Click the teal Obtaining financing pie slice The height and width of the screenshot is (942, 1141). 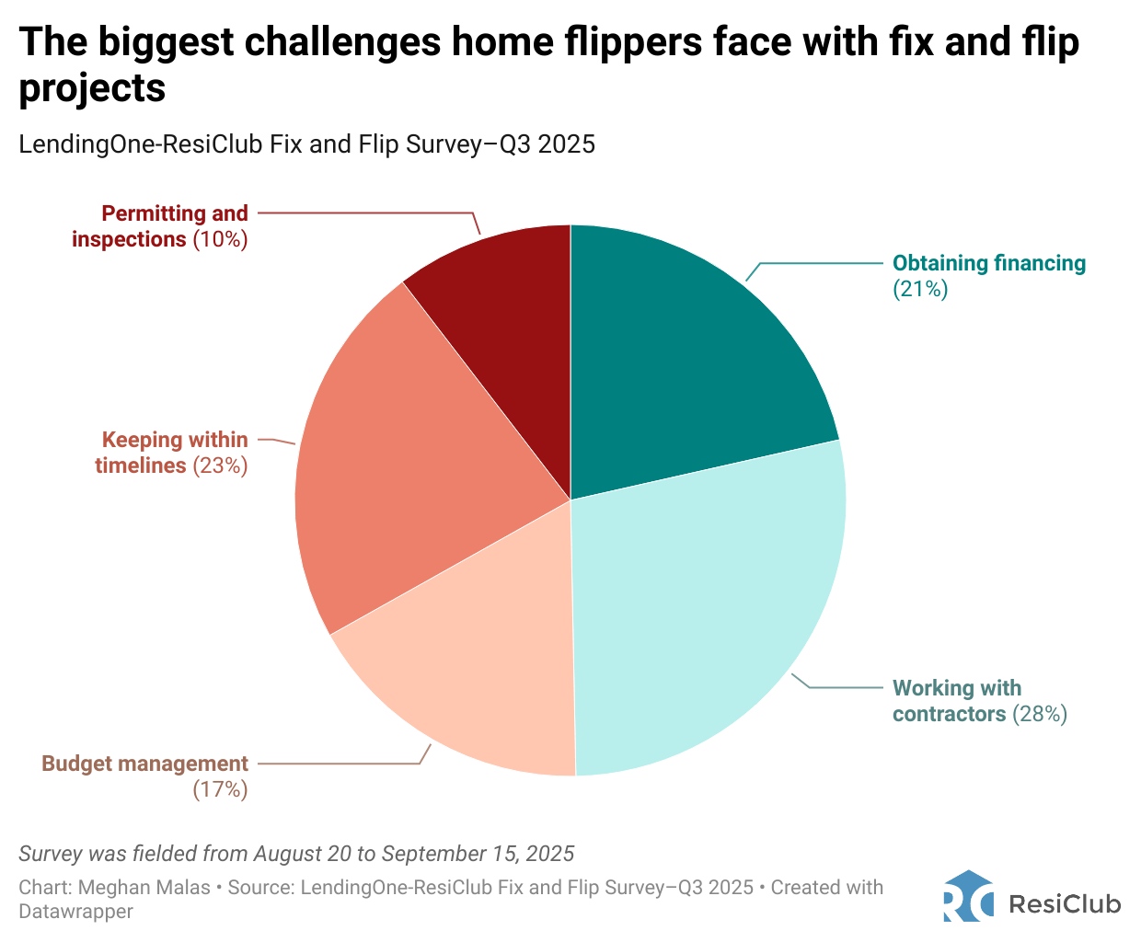pos(681,368)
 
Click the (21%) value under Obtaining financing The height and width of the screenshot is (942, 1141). pos(920,290)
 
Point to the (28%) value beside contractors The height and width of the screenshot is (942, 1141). pos(1040,715)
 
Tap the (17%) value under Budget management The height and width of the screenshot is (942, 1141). pos(220,789)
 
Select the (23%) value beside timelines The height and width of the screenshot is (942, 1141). pos(220,465)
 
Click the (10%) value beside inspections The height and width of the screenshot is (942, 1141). pos(220,239)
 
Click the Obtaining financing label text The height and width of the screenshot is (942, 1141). pos(989,263)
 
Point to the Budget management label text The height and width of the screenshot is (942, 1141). pos(145,764)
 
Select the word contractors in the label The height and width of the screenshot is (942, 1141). pos(949,715)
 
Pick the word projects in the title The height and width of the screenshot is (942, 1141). pos(92,88)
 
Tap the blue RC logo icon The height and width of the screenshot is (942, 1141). pos(968,896)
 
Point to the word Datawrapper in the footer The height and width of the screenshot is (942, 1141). pos(75,912)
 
